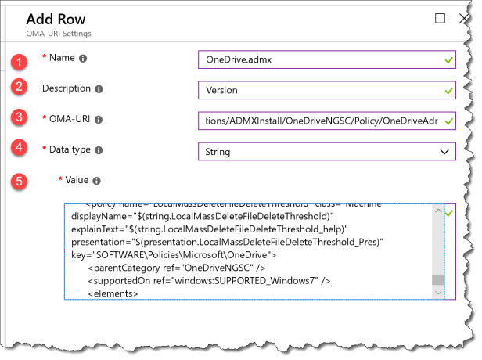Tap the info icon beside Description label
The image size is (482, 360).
[99, 89]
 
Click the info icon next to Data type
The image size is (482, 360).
[99, 149]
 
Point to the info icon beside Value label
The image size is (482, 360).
[96, 181]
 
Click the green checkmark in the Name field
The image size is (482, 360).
[448, 59]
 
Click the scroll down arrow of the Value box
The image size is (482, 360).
[438, 292]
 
